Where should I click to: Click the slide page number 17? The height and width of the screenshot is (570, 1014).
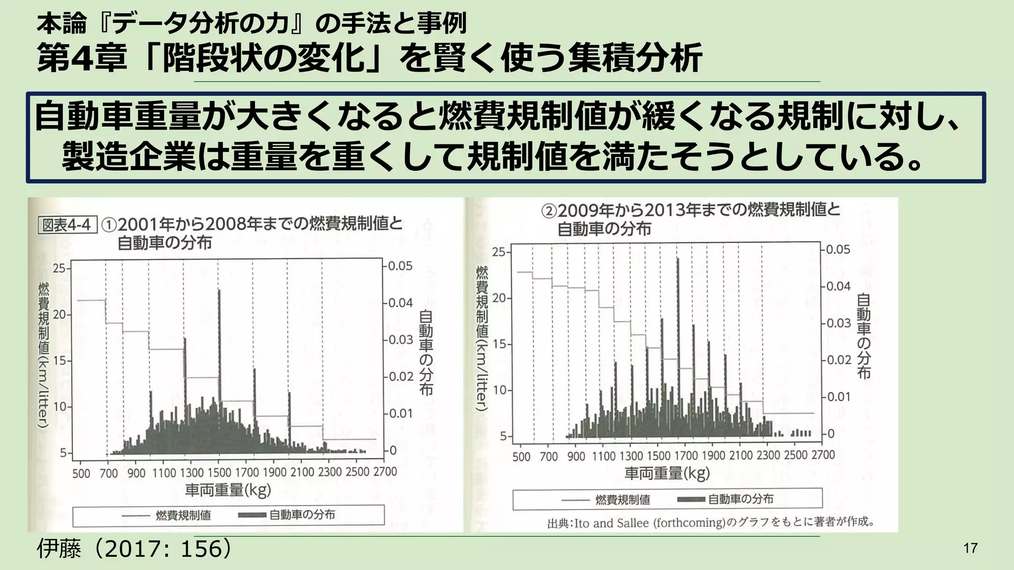pyautogui.click(x=970, y=548)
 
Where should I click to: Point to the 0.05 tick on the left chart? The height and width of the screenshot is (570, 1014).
pyautogui.click(x=400, y=266)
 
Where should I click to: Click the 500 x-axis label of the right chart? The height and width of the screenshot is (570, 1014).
pyautogui.click(x=521, y=456)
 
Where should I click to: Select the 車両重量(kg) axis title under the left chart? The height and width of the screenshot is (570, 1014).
pyautogui.click(x=228, y=490)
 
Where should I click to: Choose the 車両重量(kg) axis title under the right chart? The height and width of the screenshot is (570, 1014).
pyautogui.click(x=667, y=474)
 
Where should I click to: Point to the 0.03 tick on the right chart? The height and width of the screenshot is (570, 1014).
pyautogui.click(x=838, y=323)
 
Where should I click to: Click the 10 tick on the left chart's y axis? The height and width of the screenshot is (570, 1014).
pyautogui.click(x=59, y=407)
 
